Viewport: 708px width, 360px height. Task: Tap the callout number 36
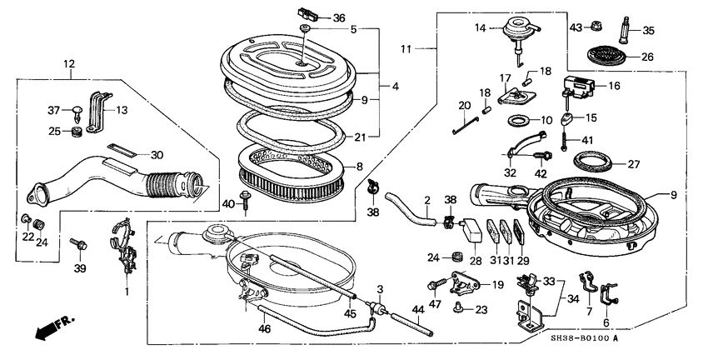[x=337, y=18]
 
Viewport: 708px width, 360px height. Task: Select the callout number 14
[x=481, y=27]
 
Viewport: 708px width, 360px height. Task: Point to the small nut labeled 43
[x=599, y=27]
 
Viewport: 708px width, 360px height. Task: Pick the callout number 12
[x=69, y=62]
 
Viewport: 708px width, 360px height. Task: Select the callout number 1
[x=127, y=292]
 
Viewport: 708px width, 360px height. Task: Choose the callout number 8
[x=359, y=166]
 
